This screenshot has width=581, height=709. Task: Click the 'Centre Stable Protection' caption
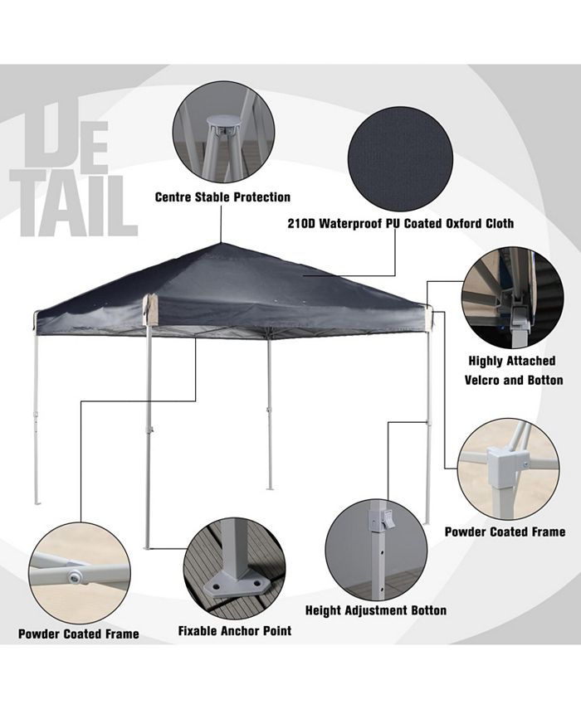pos(222,197)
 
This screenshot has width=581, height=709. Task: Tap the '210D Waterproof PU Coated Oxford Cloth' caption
pos(400,224)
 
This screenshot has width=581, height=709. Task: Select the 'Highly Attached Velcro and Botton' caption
pos(511,371)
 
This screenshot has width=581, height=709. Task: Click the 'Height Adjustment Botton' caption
pos(376,611)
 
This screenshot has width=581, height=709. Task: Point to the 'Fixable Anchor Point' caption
pos(235,631)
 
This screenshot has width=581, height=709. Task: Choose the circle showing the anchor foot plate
pos(234,566)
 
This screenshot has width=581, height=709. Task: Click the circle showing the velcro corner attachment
pos(512,297)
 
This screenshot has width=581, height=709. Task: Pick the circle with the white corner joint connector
pos(508,469)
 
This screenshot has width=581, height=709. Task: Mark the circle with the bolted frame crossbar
pos(78,573)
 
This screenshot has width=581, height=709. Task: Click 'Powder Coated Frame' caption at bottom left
pos(79,634)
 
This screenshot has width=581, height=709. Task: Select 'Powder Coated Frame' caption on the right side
pos(505,532)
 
